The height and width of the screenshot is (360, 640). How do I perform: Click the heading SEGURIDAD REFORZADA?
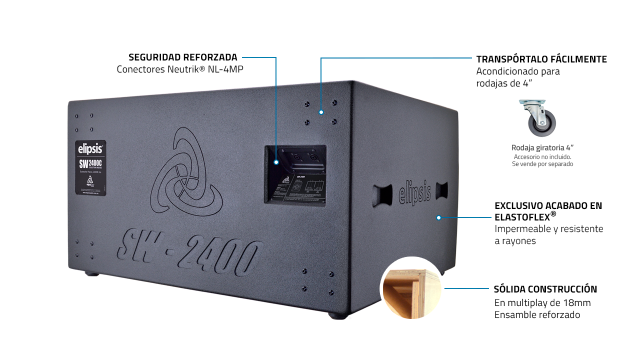183,57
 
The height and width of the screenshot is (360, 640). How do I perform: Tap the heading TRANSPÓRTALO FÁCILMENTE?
541,59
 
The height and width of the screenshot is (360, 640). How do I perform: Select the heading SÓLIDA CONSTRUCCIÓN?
545,289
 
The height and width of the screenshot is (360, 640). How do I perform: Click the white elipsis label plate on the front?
90,167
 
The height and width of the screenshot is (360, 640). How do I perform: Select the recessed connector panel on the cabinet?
295,174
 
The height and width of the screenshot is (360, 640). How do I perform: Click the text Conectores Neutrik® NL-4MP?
180,69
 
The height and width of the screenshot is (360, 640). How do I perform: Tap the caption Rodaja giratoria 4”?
542,147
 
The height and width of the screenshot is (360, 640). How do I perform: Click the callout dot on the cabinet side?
438,217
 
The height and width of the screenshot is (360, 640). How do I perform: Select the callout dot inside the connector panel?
275,162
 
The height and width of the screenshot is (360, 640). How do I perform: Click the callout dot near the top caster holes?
321,112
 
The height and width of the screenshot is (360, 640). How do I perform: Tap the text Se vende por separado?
542,164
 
